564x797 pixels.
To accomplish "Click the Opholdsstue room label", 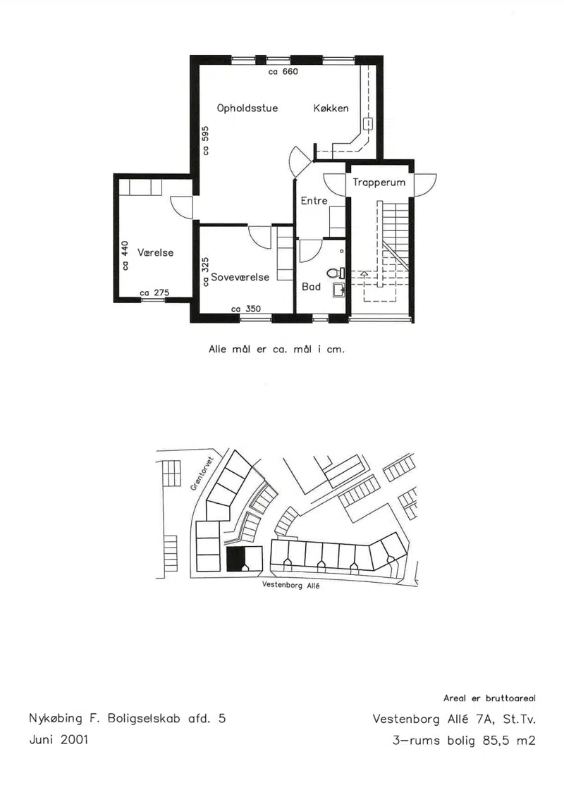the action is point(247,109).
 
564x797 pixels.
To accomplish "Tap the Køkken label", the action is point(331,109).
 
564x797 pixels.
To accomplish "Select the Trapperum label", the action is point(379,183).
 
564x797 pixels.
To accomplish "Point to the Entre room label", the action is point(314,201).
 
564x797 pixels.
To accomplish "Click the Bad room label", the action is point(311,287).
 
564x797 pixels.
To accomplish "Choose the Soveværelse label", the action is point(240,278).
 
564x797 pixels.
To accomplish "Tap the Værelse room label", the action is point(156,252).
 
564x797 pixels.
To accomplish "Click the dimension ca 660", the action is point(283,72).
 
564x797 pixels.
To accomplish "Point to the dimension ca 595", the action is point(205,140).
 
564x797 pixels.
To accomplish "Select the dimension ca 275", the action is point(154,292).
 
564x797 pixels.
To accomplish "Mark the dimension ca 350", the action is point(245,309).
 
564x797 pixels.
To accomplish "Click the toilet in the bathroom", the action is point(336,273).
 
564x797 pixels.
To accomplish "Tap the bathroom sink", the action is point(339,290).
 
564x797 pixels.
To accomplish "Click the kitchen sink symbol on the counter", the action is point(368,124).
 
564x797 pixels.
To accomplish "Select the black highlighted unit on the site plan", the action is point(235,560).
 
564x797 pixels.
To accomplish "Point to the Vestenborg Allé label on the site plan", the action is point(291,585).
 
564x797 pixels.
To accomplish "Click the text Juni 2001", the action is point(59,739).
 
